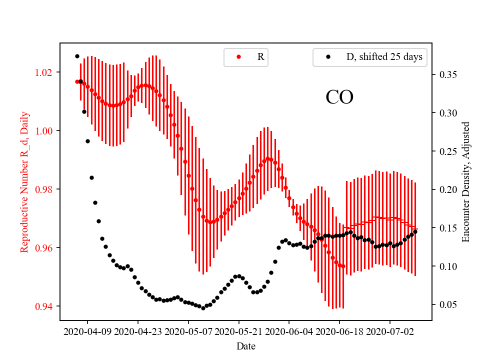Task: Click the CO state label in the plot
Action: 339,97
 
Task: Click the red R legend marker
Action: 238,57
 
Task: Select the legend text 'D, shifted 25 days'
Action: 384,57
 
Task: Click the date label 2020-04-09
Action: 88,331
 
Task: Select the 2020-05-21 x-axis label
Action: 239,331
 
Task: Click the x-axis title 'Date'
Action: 246,345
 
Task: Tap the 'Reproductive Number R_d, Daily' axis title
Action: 24,182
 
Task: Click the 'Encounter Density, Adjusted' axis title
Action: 466,182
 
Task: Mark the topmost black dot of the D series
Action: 77,56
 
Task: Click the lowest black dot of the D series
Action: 203,308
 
